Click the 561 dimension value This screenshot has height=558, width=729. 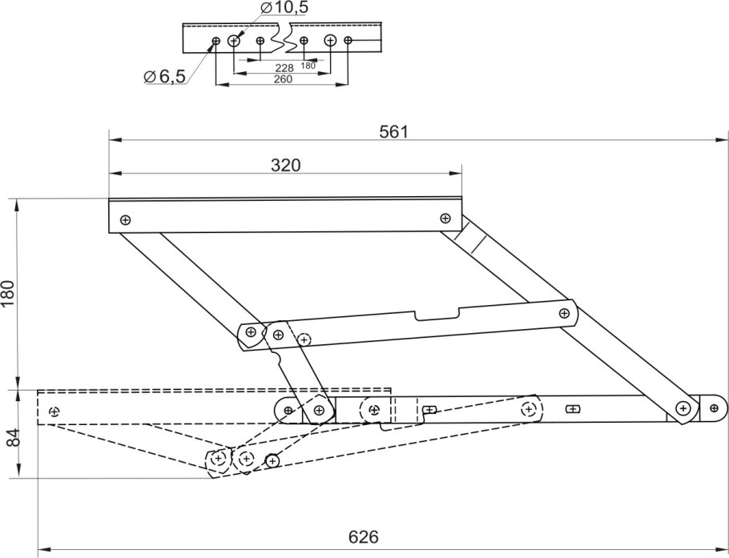(x=393, y=132)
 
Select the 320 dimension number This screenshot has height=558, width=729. (x=285, y=166)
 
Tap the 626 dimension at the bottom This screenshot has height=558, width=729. (x=364, y=537)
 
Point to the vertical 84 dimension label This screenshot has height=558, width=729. (x=15, y=437)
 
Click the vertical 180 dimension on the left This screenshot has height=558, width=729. (x=9, y=294)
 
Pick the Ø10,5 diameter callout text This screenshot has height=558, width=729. (x=284, y=7)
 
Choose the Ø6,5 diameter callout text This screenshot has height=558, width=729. (x=165, y=76)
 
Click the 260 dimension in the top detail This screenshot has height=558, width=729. (x=283, y=79)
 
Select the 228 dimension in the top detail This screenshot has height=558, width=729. (x=284, y=68)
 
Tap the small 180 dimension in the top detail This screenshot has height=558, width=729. (x=308, y=66)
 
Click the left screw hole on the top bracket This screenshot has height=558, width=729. (x=125, y=220)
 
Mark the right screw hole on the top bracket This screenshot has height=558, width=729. (x=445, y=218)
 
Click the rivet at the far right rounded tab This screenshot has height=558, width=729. (x=714, y=408)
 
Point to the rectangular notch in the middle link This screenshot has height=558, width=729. (x=437, y=314)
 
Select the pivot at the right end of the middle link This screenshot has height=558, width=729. (x=564, y=313)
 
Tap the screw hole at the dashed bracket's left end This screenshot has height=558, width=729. (x=54, y=411)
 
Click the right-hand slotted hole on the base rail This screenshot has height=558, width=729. (x=573, y=409)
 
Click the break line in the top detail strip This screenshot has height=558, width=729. (x=284, y=37)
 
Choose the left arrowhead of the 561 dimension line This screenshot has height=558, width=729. (x=115, y=139)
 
